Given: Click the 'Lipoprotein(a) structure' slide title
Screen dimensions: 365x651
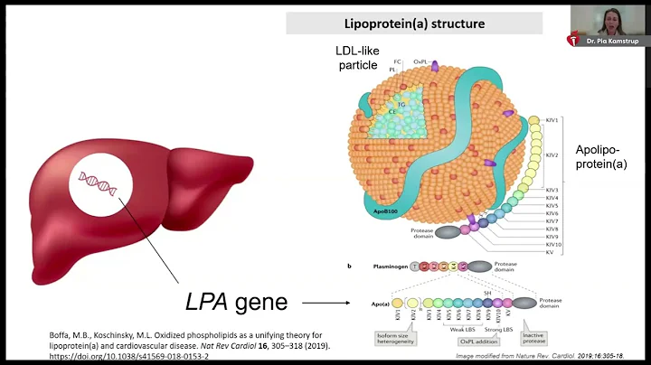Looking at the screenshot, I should point(413,23).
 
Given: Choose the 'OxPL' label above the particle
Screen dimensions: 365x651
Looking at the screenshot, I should point(420,62).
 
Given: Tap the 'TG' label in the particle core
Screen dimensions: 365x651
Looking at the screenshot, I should point(400,105).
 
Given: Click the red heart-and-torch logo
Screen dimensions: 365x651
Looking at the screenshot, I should point(570,40).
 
